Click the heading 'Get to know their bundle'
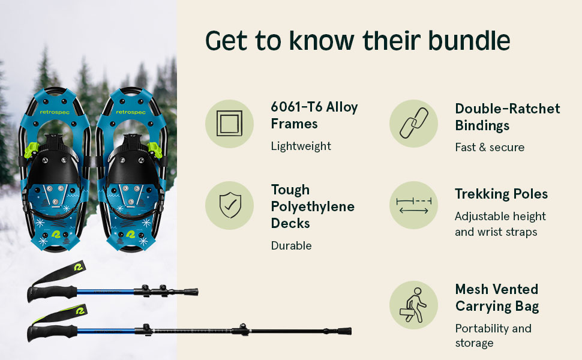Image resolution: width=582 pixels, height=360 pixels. pyautogui.click(x=358, y=40)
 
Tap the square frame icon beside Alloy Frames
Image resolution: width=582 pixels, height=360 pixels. pyautogui.click(x=229, y=124)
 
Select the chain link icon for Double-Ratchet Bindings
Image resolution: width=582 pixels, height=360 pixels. pyautogui.click(x=413, y=124)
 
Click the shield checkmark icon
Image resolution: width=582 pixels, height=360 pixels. pyautogui.click(x=229, y=205)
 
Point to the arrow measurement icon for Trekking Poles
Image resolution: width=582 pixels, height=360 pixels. pyautogui.click(x=413, y=205)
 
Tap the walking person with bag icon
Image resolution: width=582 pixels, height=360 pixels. pyautogui.click(x=413, y=305)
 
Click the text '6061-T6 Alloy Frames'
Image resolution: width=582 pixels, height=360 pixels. pyautogui.click(x=314, y=115)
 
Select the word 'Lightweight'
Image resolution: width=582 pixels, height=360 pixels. pyautogui.click(x=301, y=146)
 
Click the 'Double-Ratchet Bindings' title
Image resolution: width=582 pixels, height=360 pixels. pyautogui.click(x=507, y=117)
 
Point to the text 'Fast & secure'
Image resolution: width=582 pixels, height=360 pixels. pyautogui.click(x=489, y=147)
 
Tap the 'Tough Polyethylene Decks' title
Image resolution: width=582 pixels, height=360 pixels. pyautogui.click(x=312, y=206)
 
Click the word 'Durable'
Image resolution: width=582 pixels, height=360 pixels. pyautogui.click(x=291, y=245)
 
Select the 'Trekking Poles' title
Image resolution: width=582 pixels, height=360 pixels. pyautogui.click(x=501, y=194)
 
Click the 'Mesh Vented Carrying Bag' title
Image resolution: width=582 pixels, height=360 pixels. pyautogui.click(x=496, y=298)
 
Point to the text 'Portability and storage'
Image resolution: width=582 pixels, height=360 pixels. pyautogui.click(x=493, y=335)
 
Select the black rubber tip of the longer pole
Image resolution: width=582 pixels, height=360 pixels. pyautogui.click(x=345, y=331)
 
